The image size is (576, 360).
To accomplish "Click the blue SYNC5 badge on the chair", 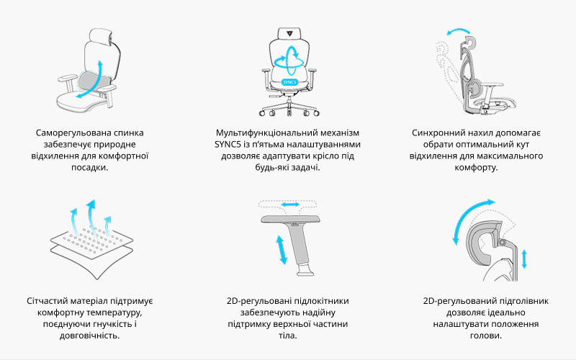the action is coord(289,82).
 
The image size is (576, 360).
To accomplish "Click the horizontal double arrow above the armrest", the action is coord(291,204).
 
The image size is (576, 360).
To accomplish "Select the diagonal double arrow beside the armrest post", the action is coord(282,250).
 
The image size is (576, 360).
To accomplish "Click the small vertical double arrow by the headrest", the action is coord(524,259).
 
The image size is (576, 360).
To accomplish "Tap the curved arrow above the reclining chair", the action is coord(458,31).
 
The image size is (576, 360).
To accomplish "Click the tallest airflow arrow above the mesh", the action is coord(90,217).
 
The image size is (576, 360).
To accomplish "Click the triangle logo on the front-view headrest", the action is coord(289,32).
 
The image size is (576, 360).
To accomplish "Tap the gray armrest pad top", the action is coord(291,220).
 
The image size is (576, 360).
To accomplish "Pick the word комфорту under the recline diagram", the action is coord(476,168).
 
